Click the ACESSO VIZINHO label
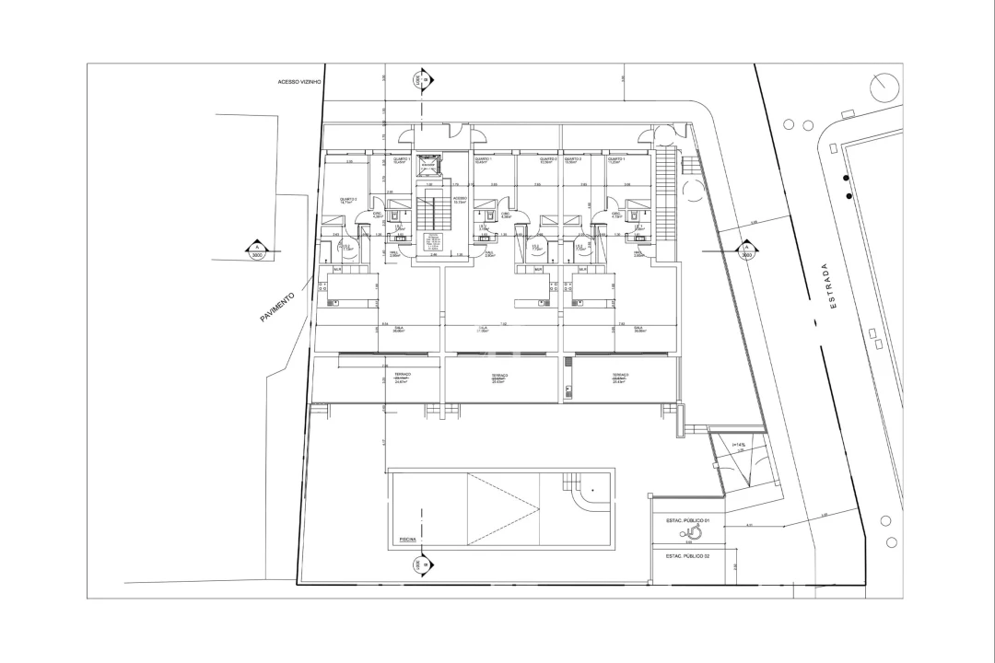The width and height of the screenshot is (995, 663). (x=298, y=82)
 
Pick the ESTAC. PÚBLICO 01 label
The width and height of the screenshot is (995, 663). (x=687, y=520)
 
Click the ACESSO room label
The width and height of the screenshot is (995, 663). (x=460, y=199)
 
